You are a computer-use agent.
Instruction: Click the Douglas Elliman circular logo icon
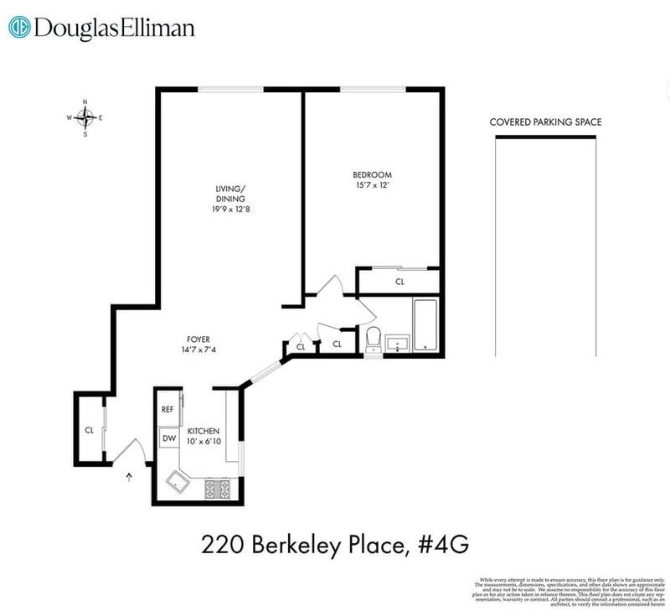(19, 28)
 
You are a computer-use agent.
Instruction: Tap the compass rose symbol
(85, 117)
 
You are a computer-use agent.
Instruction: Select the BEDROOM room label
(372, 174)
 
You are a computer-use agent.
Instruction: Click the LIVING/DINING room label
(230, 193)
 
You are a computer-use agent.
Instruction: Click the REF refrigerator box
(167, 409)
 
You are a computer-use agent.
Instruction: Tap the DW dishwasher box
(168, 438)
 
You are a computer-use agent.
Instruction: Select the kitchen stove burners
(219, 487)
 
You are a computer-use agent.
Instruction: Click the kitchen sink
(178, 481)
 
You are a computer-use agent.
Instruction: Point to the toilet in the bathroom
(374, 338)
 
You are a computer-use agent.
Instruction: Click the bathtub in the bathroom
(424, 324)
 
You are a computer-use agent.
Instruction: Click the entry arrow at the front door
(129, 478)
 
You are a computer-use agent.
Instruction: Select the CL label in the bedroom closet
(399, 282)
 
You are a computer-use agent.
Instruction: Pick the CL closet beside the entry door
(89, 430)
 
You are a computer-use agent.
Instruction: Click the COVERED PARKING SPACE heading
(545, 122)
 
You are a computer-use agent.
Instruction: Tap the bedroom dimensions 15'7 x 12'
(372, 185)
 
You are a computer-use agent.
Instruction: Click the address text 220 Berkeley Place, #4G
(334, 546)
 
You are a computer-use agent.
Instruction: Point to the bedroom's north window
(374, 88)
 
